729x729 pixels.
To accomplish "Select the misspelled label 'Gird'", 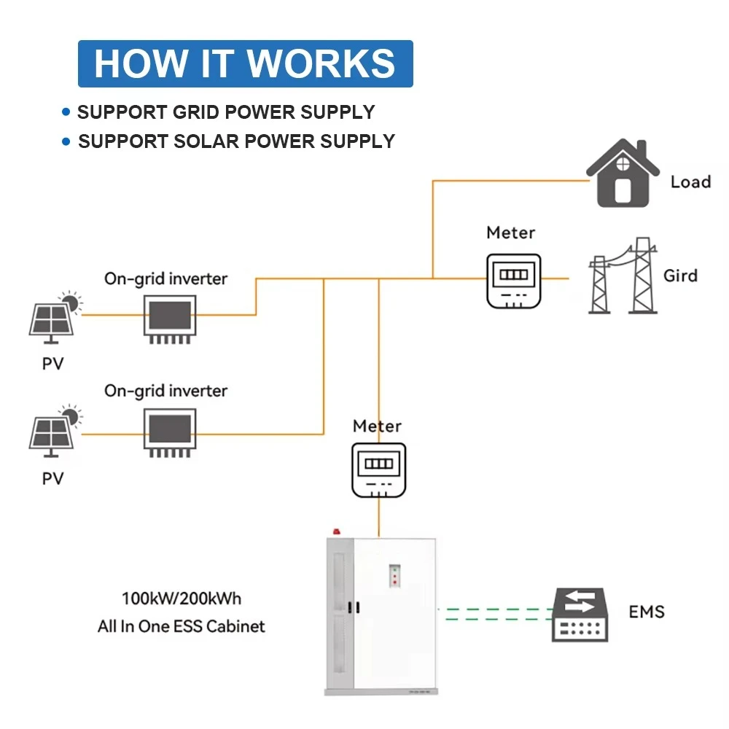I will point(680,276).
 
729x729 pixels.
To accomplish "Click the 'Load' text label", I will point(690,182).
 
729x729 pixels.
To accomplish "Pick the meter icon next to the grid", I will point(514,280).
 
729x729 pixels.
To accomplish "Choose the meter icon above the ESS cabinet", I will point(378,470).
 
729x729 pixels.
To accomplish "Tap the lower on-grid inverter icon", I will point(168,432).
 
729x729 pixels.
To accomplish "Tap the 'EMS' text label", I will point(647,611).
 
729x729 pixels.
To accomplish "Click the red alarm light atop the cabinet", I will point(336,532).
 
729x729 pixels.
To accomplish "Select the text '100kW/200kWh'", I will point(181,599).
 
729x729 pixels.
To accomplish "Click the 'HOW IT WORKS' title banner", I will point(245,63).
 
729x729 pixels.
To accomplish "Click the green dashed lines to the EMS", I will point(496,614).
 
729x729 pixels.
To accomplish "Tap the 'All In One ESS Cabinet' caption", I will point(181,626).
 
